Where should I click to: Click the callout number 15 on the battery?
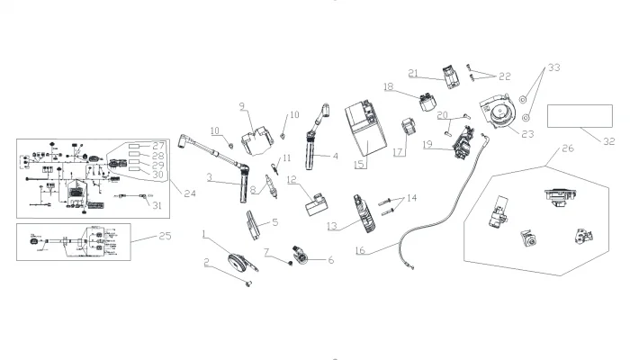(x=360, y=166)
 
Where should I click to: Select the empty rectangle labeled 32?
(x=570, y=116)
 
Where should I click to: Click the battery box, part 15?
(x=369, y=130)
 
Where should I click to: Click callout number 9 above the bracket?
(x=242, y=107)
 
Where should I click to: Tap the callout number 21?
(x=414, y=73)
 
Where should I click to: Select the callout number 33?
(x=553, y=67)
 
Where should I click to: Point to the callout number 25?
(x=140, y=238)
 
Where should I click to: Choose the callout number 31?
(x=159, y=206)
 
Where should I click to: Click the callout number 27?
(x=159, y=145)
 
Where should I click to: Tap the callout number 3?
(x=209, y=178)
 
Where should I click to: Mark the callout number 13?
(x=332, y=225)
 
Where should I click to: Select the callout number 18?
(x=389, y=87)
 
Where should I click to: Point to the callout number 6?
(x=329, y=260)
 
